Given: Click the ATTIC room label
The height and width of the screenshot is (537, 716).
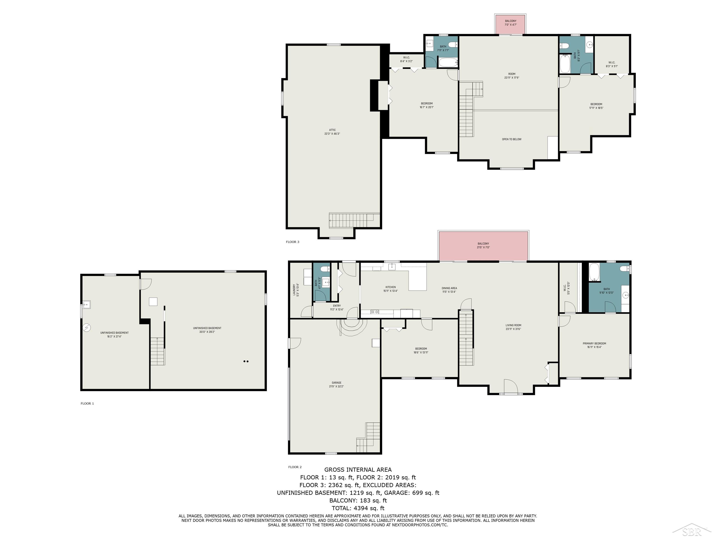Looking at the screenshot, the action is pos(332,130).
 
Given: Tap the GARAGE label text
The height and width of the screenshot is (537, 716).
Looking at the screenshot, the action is pos(337,383).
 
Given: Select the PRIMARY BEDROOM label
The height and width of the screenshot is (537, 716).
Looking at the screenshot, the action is pos(594,344).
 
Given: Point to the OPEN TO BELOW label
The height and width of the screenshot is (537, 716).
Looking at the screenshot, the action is pos(512,139).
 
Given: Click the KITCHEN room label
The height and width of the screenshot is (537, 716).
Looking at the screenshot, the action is pos(390,287).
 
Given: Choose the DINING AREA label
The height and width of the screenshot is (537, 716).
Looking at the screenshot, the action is pos(449,288).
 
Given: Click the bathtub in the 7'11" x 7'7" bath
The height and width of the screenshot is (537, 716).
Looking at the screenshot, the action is pos(448,62).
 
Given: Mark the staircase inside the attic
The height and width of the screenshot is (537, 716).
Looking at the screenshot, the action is pos(354,220).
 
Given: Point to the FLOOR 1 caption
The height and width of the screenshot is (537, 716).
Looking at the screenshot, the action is pos(87,403).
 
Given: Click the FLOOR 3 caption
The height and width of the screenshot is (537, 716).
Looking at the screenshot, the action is pos(292,242).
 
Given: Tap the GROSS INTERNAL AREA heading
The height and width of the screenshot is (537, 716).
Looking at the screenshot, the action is pos(358,470).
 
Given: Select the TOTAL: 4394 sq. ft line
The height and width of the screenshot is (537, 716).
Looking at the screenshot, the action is pos(358,508).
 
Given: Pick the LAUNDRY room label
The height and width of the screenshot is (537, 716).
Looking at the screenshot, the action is pos(294,290).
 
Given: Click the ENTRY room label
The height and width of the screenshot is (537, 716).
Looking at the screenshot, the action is pos(337,306).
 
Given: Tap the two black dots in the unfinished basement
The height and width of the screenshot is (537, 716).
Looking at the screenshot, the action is pos(246,361).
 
